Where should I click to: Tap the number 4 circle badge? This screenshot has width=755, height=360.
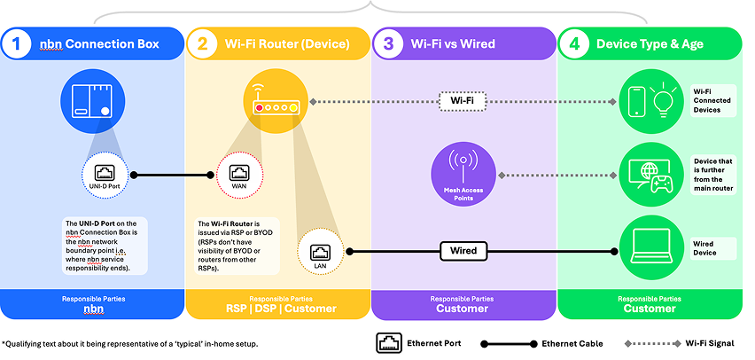576,43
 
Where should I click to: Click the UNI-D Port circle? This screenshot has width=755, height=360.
105,175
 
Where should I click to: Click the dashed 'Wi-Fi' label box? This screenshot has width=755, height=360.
464,102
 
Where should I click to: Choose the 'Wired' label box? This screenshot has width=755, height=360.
464,251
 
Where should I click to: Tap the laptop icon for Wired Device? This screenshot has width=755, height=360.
655,246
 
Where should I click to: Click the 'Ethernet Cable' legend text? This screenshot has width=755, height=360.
572,342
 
